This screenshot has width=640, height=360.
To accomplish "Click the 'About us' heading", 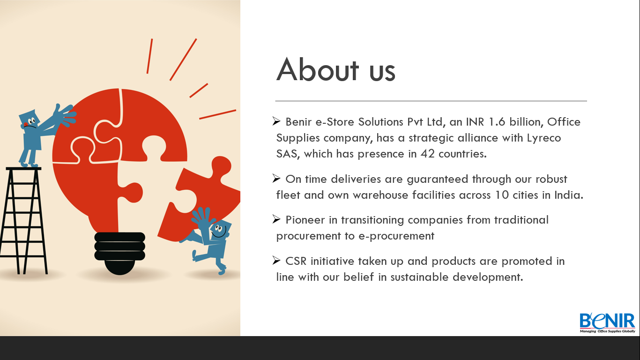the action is pyautogui.click(x=336, y=69).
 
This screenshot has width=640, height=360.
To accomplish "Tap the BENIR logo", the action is pyautogui.click(x=607, y=323).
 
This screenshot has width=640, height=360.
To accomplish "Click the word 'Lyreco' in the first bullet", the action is pyautogui.click(x=544, y=138).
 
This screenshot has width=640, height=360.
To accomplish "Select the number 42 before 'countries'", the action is pyautogui.click(x=428, y=154).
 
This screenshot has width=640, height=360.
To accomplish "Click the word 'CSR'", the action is pyautogui.click(x=296, y=261).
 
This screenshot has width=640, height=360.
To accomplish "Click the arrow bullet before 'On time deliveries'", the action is pyautogui.click(x=276, y=179).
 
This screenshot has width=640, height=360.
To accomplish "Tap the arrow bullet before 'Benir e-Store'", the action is pyautogui.click(x=276, y=121).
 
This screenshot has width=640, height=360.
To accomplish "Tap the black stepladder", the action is pyautogui.click(x=23, y=220).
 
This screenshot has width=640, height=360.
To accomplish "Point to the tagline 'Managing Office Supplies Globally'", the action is pyautogui.click(x=607, y=331).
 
